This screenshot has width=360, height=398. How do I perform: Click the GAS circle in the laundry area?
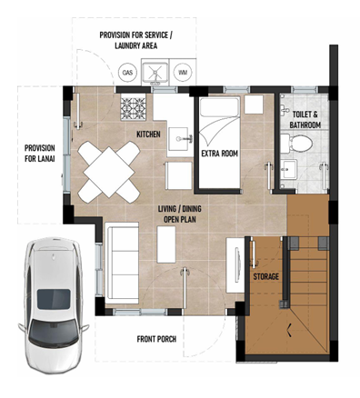pos(127,73)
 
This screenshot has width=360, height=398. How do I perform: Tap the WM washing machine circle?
pos(183,73)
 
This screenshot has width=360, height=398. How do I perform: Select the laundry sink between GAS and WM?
pos(155,73)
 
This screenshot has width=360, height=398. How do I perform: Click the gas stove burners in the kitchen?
pos(133,106)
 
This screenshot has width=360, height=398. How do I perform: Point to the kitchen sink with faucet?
pos(181,139)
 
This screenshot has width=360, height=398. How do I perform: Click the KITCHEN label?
pos(148,134)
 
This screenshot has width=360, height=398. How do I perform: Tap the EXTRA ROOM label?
pos(220,154)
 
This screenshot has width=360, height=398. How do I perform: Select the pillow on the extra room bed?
pos(220,107)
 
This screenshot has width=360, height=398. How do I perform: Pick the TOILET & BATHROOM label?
pos(305,120)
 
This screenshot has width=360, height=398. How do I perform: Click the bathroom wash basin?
pos(288,169)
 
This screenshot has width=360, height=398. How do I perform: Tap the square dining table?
pos(109,172)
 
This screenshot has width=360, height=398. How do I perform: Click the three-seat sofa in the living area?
pos(122,263)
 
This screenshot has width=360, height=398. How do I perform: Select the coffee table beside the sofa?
pos(166,244)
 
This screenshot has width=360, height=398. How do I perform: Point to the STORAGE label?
pos(266,276)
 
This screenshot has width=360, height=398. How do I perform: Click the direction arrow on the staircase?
pos(289,330)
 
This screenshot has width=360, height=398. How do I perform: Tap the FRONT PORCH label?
pos(156,339)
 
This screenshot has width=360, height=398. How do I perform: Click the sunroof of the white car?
pos(54,299)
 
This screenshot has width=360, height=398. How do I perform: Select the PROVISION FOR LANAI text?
pos(40,154)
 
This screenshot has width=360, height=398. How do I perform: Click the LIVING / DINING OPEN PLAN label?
pos(180,214)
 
